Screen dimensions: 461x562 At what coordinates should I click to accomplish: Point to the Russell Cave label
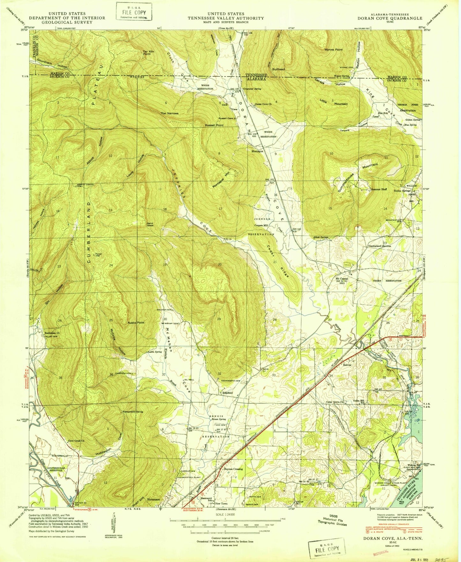226,118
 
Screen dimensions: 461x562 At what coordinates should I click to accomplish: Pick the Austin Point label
136,323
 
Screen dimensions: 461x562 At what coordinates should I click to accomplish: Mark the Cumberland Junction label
380,246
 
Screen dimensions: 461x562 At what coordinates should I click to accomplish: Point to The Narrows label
169,113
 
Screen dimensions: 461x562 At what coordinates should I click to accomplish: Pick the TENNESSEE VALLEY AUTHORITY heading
226,18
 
